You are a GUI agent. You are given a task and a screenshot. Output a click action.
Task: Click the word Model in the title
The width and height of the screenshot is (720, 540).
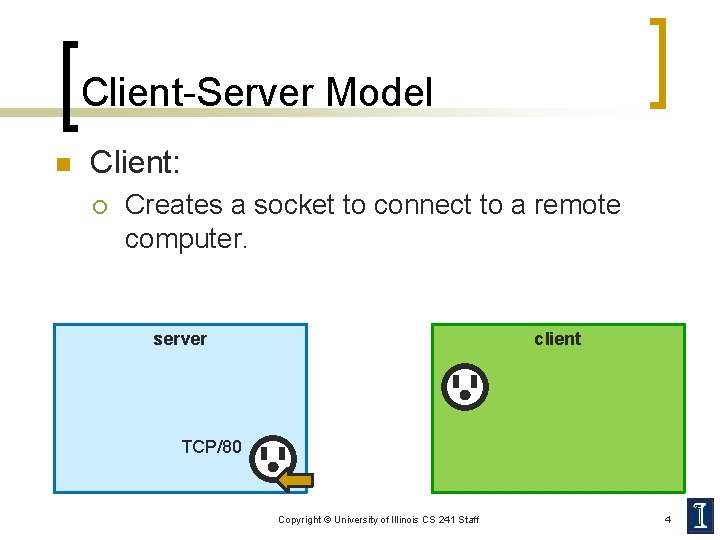(379, 93)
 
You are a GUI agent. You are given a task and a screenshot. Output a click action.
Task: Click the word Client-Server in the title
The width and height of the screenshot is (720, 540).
(197, 93)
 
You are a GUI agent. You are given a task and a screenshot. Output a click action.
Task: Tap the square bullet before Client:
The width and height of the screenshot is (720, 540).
(60, 164)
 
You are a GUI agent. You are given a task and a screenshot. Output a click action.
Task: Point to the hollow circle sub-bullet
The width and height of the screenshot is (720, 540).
(99, 206)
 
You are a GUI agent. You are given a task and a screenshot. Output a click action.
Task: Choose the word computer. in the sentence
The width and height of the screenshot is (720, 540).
(185, 240)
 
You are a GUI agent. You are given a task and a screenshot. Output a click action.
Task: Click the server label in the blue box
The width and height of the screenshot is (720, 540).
(180, 339)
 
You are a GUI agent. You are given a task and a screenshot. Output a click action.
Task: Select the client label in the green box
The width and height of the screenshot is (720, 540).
(557, 339)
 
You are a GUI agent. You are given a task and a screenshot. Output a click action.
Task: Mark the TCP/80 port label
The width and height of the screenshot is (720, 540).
(211, 447)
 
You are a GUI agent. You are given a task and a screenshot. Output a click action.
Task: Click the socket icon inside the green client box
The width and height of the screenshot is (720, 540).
(465, 387)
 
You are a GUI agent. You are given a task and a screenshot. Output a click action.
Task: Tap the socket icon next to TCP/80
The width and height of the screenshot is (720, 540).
(272, 459)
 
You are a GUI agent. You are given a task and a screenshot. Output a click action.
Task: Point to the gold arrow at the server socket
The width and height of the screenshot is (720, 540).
(296, 481)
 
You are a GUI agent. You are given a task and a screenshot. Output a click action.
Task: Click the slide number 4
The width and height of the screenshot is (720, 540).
(668, 519)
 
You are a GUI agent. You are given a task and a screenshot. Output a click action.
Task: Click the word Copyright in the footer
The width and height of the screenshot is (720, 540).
(299, 520)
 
